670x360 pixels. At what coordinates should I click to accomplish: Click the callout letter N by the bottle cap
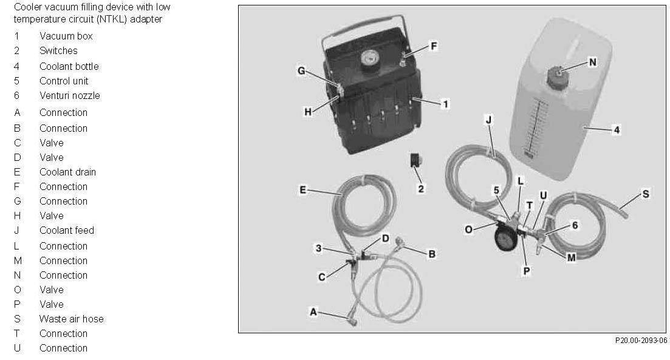tap(592, 62)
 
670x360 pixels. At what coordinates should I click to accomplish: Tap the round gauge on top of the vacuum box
tap(367, 59)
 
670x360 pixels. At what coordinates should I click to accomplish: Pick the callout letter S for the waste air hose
tap(645, 194)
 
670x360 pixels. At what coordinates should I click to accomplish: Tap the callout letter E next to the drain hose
tap(303, 190)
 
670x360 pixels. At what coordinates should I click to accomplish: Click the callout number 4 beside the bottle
tap(617, 130)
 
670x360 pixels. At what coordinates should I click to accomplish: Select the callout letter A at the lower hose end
tap(313, 312)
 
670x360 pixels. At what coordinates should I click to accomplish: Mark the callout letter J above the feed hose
tap(490, 121)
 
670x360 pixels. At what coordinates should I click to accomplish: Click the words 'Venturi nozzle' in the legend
tap(70, 95)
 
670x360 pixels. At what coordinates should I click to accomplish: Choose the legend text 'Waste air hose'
tap(72, 319)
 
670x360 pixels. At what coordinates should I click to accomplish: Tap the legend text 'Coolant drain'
tap(68, 172)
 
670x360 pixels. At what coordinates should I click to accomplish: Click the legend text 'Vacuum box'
tap(66, 36)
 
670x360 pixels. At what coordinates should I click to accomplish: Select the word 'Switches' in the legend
tap(58, 51)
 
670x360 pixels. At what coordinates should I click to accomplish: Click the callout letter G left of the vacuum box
tap(301, 71)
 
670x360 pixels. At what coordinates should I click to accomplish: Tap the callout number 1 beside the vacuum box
tap(445, 104)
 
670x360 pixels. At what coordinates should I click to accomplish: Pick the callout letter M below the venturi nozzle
tap(571, 258)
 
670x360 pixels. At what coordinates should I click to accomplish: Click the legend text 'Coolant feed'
tap(67, 230)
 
